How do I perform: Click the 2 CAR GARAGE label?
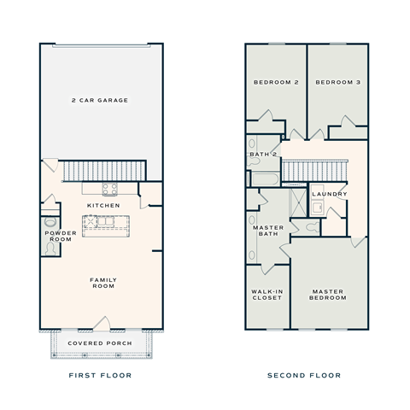click(x=101, y=101)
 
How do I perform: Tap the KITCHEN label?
click(x=103, y=205)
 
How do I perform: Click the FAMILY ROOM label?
click(x=103, y=284)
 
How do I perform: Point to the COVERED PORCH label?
click(x=101, y=343)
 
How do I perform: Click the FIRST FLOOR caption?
click(x=101, y=375)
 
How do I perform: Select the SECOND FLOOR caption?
click(x=304, y=375)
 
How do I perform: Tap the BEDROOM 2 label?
click(x=275, y=82)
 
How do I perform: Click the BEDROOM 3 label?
click(x=337, y=82)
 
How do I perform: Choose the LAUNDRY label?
click(x=330, y=194)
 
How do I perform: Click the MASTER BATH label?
click(x=267, y=231)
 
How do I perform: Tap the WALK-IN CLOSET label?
click(x=266, y=295)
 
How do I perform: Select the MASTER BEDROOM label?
click(x=328, y=295)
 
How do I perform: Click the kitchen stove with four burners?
click(x=111, y=190)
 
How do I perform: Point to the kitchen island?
click(x=103, y=225)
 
